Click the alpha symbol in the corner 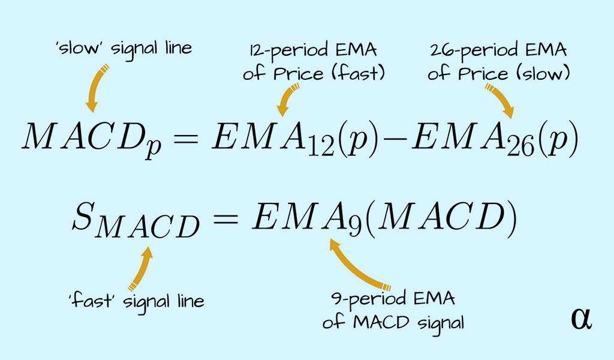[582, 319]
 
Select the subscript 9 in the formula [355, 226]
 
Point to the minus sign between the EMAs [395, 138]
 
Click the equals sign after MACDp [186, 138]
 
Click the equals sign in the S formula [225, 217]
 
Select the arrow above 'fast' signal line [142, 269]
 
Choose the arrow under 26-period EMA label [501, 100]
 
